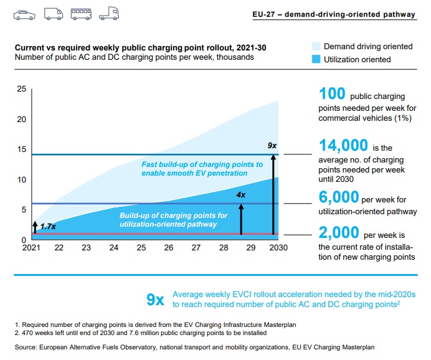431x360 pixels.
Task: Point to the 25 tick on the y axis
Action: click(x=22, y=90)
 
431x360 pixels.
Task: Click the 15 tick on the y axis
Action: click(x=22, y=149)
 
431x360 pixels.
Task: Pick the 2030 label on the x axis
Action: click(x=275, y=248)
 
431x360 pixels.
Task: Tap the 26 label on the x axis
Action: click(x=168, y=248)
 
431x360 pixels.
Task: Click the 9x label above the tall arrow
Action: click(x=272, y=146)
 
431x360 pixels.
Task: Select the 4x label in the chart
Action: click(x=241, y=195)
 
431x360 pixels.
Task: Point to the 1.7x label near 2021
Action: click(x=48, y=227)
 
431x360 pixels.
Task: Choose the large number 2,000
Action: click(x=339, y=233)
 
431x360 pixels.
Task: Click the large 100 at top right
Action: click(x=332, y=94)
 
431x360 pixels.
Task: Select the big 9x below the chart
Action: click(x=155, y=300)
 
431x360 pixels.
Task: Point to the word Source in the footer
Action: click(x=26, y=346)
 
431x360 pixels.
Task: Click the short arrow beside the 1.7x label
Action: click(x=36, y=227)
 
